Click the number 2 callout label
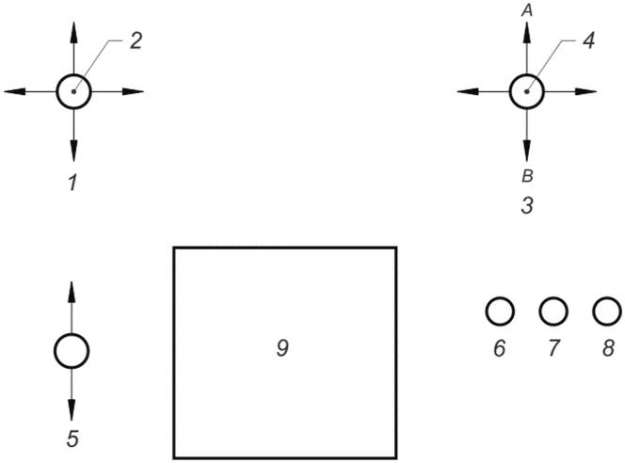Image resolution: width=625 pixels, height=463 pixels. [x=136, y=41]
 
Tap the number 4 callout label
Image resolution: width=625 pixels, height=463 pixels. [x=588, y=40]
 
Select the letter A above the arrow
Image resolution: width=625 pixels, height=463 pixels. [x=527, y=10]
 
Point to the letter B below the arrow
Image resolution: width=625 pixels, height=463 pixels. [x=527, y=176]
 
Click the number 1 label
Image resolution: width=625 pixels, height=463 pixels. [x=72, y=183]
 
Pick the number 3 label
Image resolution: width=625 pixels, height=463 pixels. [x=527, y=206]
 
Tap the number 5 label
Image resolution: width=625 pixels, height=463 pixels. [x=72, y=439]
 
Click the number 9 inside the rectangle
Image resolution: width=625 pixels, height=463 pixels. [x=282, y=348]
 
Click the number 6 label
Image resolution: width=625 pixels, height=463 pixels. [x=500, y=348]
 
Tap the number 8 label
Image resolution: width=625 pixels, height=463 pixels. [x=608, y=348]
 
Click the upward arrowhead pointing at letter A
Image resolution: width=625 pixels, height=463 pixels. [x=527, y=32]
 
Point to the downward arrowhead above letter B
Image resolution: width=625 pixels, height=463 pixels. [x=527, y=151]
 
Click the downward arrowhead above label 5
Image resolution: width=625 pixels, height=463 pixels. [x=72, y=409]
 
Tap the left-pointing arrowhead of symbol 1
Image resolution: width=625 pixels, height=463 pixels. [x=15, y=91]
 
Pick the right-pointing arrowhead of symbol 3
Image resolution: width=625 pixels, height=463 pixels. [x=585, y=91]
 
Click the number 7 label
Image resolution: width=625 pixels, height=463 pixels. [x=553, y=348]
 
